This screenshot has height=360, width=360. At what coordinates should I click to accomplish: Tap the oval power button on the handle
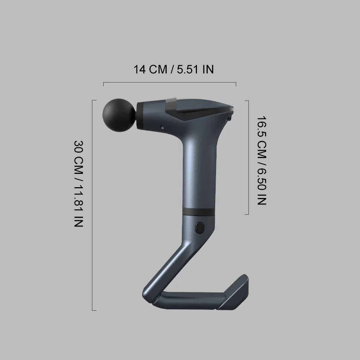click(199, 228)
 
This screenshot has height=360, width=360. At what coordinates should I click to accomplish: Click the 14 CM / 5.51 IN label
click(174, 69)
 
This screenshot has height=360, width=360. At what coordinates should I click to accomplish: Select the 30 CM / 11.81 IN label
click(79, 184)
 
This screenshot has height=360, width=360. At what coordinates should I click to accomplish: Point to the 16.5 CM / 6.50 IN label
click(262, 161)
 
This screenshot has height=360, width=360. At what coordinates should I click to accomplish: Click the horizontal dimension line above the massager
click(170, 82)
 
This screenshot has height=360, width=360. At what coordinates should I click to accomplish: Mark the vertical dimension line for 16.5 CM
click(248, 157)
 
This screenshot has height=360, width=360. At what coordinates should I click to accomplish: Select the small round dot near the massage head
click(162, 127)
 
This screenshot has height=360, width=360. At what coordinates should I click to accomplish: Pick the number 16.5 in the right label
click(262, 126)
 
